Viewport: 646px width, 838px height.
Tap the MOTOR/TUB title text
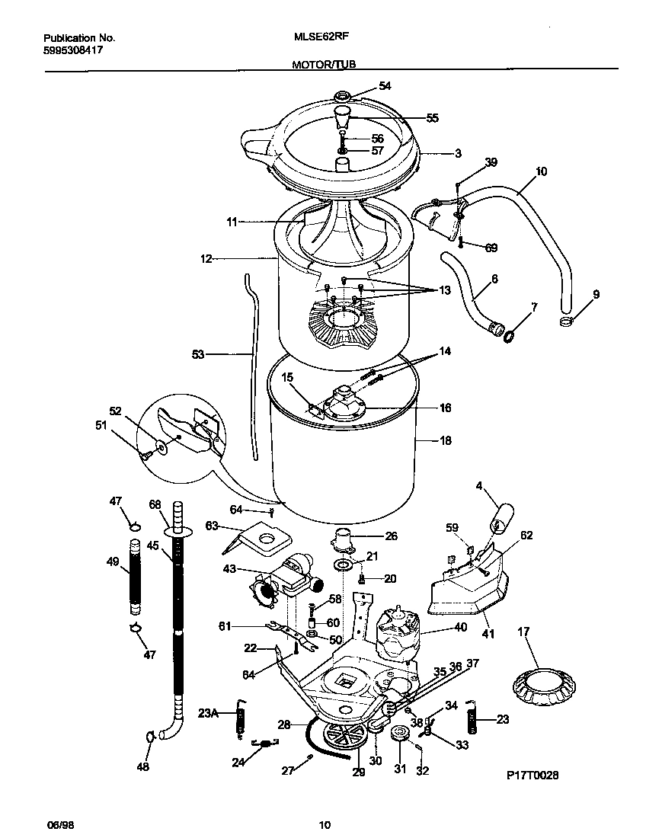click(324, 66)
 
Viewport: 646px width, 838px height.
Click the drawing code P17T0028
click(532, 775)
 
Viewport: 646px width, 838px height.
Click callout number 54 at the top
click(385, 86)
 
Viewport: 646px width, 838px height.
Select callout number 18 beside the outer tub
click(445, 440)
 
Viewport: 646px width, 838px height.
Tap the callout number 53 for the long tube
click(199, 353)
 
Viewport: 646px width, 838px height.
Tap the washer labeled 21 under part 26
click(342, 565)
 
